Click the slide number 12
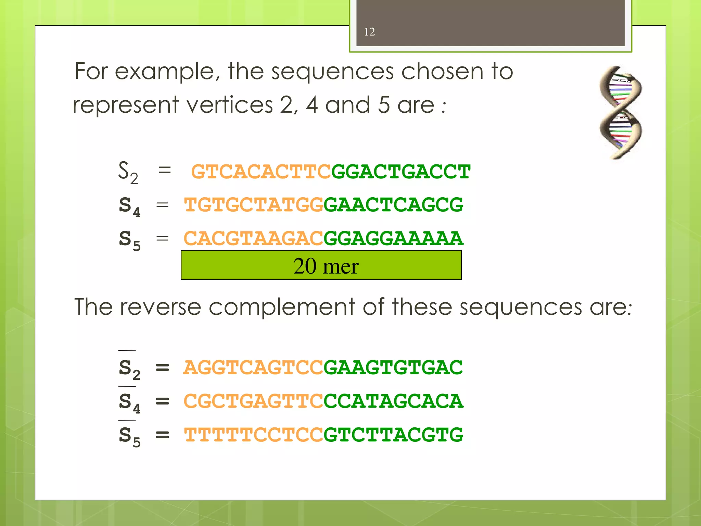pos(369,32)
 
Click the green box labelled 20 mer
pos(321,265)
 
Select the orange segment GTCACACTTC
pos(261,172)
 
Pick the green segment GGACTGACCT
pos(401,172)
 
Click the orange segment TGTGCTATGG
pos(254,205)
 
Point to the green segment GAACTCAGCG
pos(393,205)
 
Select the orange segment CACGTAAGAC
pos(253,238)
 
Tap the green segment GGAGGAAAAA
pos(393,238)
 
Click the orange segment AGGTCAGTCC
pos(253,367)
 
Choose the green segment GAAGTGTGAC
pos(393,367)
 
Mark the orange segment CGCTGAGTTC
pos(253,401)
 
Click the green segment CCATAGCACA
pos(393,401)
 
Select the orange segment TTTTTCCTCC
pos(253,435)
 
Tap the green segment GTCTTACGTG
pos(393,435)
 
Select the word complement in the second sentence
pos(282,307)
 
